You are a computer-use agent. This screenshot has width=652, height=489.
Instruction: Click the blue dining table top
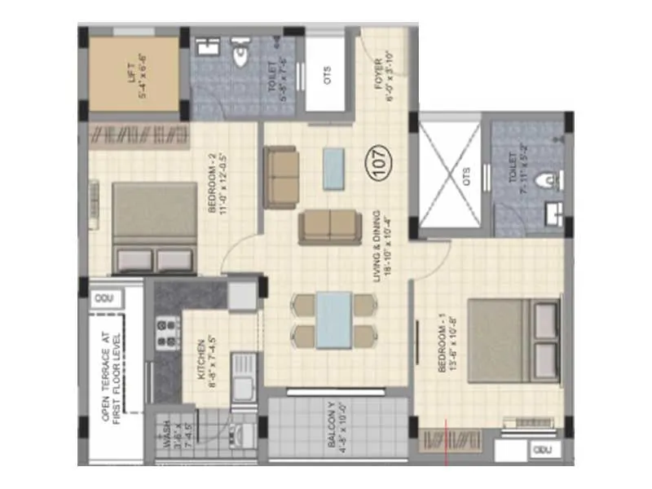coord(335,320)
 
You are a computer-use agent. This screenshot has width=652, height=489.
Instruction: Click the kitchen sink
coord(243,383)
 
